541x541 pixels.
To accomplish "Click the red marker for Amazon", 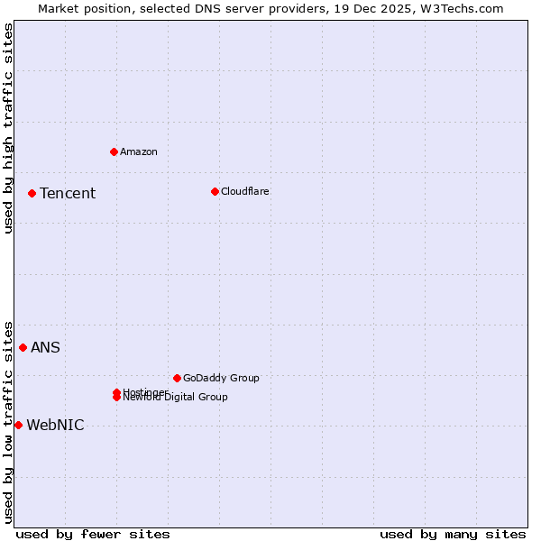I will pos(114,151).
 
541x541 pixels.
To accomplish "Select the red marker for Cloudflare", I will pos(215,191).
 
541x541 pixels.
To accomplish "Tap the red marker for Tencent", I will pos(32,193).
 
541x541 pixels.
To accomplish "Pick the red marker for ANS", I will pos(23,347).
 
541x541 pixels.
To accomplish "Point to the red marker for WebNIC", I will pos(18,425).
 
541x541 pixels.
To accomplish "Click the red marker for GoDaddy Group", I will pos(177,378).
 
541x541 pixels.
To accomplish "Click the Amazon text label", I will pos(139,151).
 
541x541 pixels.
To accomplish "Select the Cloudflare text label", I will pos(245,191).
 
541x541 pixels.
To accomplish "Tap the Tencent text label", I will pos(68,193).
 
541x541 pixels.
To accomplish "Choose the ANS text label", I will pos(46,347).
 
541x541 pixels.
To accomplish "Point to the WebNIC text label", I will pos(55,425).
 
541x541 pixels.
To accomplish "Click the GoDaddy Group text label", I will pos(221,378).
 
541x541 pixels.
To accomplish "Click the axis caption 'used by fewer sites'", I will pos(93,534).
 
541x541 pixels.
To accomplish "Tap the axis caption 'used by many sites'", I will pos(453,534).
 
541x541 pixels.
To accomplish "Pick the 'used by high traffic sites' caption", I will pos(8,128).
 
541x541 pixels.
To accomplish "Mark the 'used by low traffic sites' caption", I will pos(8,422).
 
